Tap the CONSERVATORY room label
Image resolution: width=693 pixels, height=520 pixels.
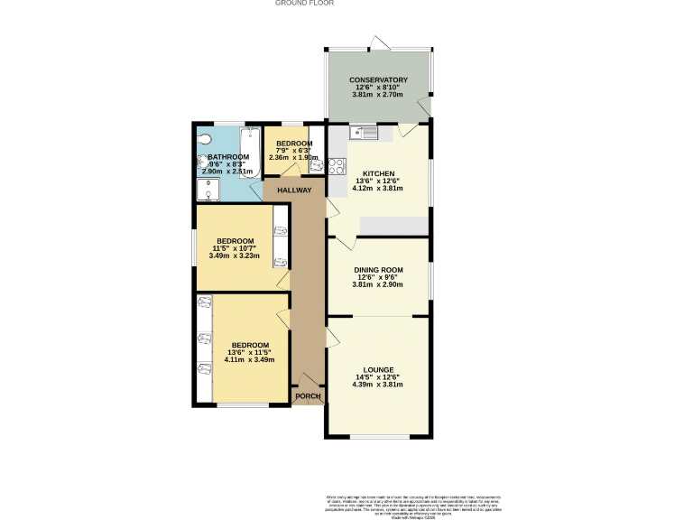click(x=379, y=79)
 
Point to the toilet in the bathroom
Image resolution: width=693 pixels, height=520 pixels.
click(x=204, y=138)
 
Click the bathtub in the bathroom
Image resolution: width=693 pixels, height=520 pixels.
click(x=250, y=151)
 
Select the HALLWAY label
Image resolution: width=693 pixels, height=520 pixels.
click(x=294, y=190)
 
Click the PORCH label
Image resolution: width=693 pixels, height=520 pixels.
click(x=308, y=395)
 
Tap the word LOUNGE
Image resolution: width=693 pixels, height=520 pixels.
click(x=378, y=370)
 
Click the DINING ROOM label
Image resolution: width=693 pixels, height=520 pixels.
click(x=378, y=270)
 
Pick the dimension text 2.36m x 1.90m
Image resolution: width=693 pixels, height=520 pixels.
click(x=294, y=158)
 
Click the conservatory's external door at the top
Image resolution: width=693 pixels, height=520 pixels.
click(x=378, y=42)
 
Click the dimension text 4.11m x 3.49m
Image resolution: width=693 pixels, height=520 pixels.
click(x=249, y=360)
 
